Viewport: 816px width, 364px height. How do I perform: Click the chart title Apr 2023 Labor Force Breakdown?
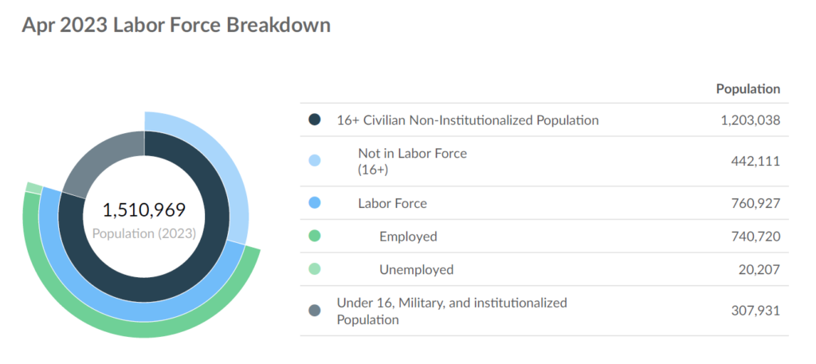pos(176,25)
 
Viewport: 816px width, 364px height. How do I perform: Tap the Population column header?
pos(747,89)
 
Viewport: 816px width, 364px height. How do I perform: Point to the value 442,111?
pos(755,161)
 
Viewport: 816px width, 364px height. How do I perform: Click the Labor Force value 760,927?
pos(755,203)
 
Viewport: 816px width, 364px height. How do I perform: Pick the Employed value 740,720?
pos(755,237)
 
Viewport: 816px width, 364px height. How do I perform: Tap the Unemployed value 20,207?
pos(759,269)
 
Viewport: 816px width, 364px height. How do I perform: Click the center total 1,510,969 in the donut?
pos(143,210)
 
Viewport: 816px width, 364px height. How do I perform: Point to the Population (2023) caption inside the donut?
pos(144,234)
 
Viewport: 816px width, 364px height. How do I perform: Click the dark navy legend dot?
pos(314,120)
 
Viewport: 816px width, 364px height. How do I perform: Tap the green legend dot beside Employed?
pos(314,236)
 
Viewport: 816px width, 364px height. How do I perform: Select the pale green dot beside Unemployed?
pos(314,269)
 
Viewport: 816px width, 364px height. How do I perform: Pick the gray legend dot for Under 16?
pos(314,311)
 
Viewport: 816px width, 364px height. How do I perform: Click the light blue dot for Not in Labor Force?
pos(314,161)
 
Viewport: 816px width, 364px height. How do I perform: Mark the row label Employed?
pos(408,237)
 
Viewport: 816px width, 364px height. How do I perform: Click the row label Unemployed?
pos(416,269)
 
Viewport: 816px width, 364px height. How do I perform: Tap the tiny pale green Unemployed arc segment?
pos(34,188)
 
